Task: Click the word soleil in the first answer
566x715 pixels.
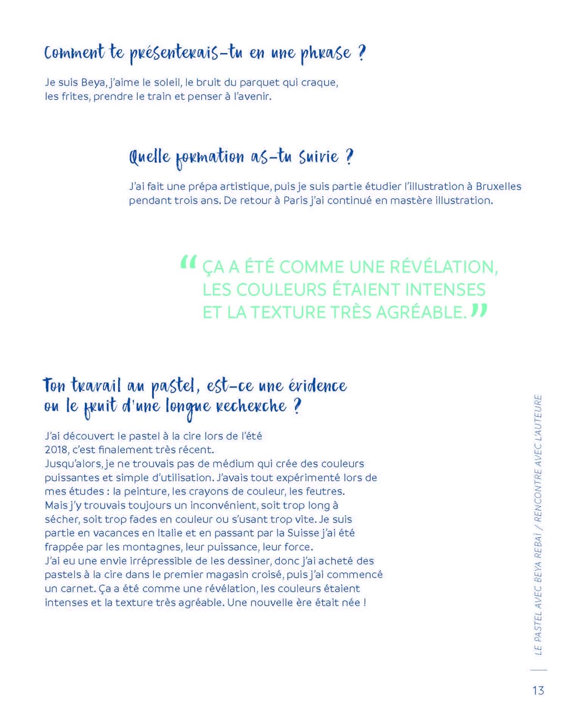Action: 167,82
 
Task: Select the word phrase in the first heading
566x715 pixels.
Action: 325,53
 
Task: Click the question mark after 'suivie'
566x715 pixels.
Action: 349,157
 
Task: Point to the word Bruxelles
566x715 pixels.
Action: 498,186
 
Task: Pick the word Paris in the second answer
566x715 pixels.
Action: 295,200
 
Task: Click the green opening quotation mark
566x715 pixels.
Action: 188,263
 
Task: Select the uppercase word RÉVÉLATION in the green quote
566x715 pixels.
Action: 444,267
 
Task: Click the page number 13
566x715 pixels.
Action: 538,690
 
